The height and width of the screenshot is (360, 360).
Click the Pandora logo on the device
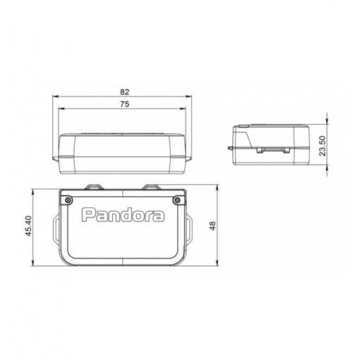click(x=124, y=214)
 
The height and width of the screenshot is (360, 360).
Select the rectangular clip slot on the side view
click(x=271, y=150)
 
